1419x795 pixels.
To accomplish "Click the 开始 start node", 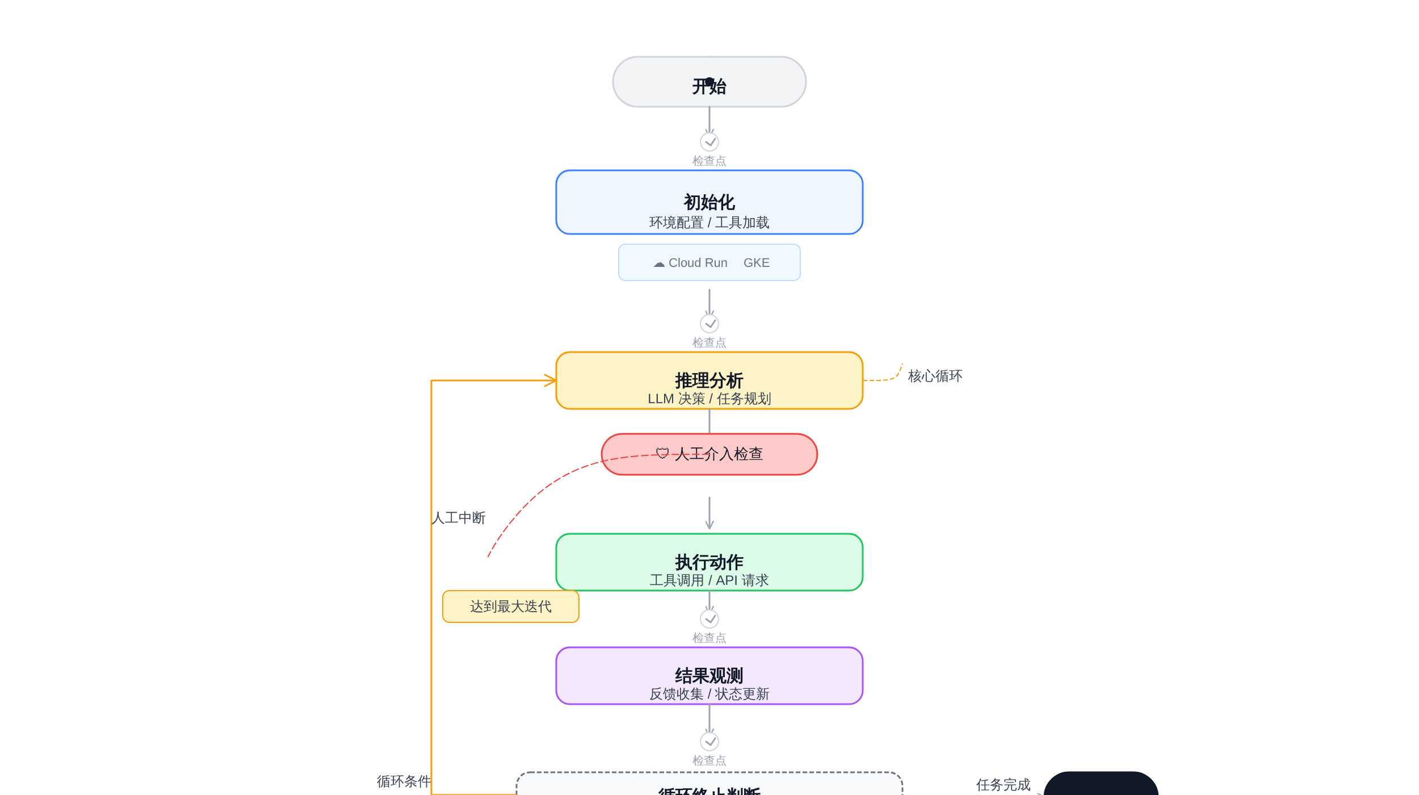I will (x=709, y=82).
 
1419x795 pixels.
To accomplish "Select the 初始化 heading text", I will (x=709, y=202).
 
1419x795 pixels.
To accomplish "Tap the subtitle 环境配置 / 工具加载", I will (x=709, y=223).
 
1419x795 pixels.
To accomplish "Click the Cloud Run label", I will (x=697, y=263).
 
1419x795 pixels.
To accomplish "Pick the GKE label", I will (x=756, y=263).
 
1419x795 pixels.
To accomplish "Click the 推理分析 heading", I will (x=709, y=380).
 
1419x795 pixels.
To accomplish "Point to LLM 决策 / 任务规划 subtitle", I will (x=709, y=399).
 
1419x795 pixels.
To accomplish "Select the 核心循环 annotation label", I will (x=934, y=376).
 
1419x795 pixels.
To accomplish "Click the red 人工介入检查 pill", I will (x=709, y=454).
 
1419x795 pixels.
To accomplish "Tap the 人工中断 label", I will (x=459, y=518).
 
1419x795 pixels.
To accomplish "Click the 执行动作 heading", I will (x=709, y=562).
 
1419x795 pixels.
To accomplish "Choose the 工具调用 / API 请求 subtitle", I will (x=709, y=580).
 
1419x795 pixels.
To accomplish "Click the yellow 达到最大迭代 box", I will (x=510, y=606).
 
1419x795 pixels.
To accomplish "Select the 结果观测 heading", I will (x=709, y=676).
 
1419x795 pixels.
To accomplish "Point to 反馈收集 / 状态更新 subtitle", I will (x=709, y=694).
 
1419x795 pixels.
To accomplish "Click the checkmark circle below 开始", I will (x=709, y=142).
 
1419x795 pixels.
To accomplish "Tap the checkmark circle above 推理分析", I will (x=709, y=324).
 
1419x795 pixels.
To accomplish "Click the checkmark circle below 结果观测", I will (x=709, y=742).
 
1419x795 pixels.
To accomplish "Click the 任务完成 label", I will (x=1002, y=785).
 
